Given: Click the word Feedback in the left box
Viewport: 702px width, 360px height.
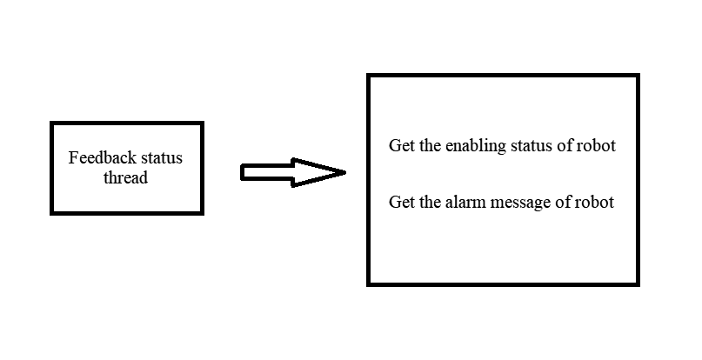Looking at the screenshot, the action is click(x=102, y=157).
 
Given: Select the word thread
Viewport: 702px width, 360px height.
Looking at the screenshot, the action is click(x=125, y=177).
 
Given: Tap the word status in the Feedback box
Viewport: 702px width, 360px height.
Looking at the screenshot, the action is click(x=162, y=158).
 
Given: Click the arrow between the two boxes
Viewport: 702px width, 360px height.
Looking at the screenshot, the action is click(x=293, y=172).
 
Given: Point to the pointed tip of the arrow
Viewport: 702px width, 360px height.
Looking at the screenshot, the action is click(x=345, y=172).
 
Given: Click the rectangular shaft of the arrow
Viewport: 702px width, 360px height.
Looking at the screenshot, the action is click(x=267, y=172).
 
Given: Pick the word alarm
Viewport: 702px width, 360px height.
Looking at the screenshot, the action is click(x=465, y=202).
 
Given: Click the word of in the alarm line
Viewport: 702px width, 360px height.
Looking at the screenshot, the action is click(x=563, y=202).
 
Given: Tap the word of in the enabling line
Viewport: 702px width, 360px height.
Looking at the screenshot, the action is click(x=565, y=145).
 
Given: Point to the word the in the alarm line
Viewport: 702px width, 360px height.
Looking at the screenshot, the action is click(x=430, y=202).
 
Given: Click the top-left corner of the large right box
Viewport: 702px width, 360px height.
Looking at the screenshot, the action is click(x=368, y=75).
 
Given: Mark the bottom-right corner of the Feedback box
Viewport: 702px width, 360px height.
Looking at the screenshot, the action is click(x=203, y=214).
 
